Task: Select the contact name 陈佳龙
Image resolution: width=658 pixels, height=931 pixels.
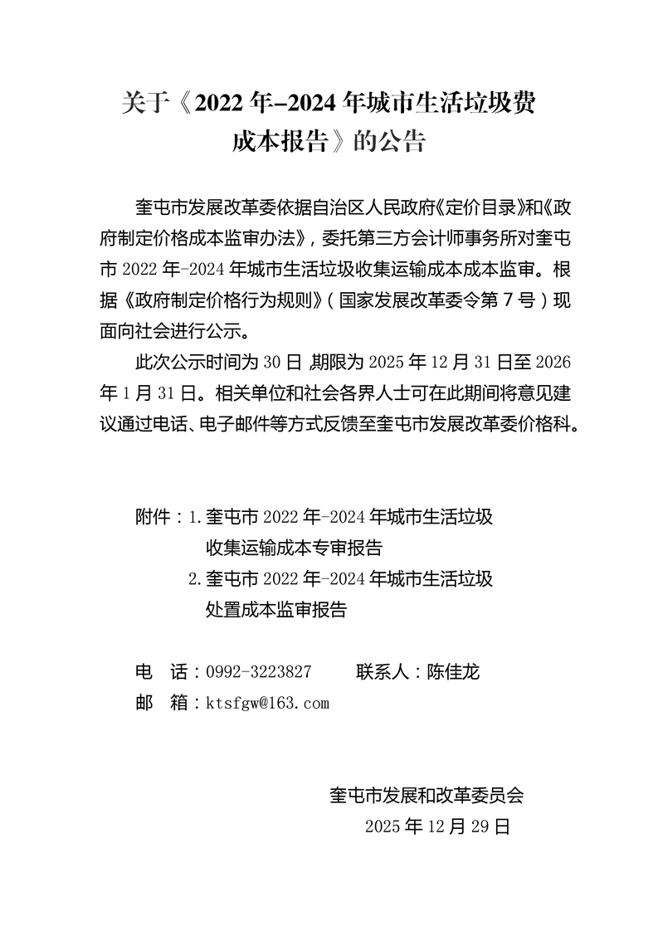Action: point(453,672)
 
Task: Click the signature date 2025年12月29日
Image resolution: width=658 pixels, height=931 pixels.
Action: point(436,826)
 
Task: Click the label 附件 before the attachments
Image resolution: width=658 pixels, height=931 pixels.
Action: point(153,517)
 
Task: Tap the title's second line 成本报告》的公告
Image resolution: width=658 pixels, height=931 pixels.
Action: point(329,142)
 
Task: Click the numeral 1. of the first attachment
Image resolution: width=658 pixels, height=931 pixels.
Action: point(196,517)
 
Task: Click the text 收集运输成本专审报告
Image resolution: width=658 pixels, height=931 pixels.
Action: point(294,548)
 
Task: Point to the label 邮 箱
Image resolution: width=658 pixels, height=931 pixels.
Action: point(162,703)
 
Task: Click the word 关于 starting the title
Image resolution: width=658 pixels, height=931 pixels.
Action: point(139,103)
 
